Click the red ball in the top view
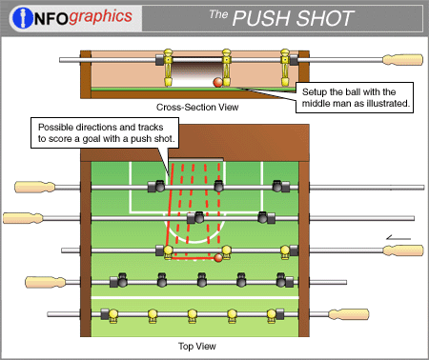coord(218,258)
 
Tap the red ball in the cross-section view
coord(218,82)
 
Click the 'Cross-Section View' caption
coord(197,108)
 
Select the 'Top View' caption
coord(197,346)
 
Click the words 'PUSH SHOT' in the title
coord(293,18)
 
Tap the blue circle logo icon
coord(23,18)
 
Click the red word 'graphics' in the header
coord(100,16)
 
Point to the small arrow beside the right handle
coord(398,238)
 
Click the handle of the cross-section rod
coord(402,60)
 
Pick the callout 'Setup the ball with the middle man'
coord(355,97)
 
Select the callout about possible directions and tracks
coord(105,133)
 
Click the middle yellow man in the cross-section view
coord(226,68)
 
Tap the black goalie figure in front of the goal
coord(218,186)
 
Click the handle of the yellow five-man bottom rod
coord(349,314)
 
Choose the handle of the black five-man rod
coord(46,282)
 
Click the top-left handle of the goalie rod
coord(34,187)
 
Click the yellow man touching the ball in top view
coord(226,252)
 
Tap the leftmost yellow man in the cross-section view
coord(168,68)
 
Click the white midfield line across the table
coord(194,298)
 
